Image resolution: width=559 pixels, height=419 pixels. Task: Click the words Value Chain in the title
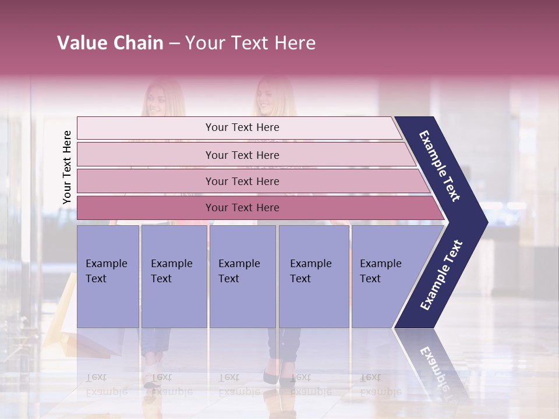[110, 43]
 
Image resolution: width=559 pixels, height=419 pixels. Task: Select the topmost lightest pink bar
[242, 127]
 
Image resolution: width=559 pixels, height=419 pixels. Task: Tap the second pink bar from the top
[242, 155]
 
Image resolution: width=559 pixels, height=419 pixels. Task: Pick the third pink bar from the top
[242, 181]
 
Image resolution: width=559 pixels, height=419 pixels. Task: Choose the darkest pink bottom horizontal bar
[242, 208]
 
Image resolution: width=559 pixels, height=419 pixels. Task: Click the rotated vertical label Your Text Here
[67, 167]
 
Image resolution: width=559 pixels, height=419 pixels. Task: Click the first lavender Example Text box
[108, 276]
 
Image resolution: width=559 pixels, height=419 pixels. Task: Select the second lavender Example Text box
[174, 276]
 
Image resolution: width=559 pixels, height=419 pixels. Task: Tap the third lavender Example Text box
[242, 276]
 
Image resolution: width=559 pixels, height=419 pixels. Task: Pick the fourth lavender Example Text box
[314, 276]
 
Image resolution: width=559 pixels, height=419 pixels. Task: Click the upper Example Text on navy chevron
[440, 166]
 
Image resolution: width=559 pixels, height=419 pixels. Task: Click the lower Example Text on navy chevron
[441, 275]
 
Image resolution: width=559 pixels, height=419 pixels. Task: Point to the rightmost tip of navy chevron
[486, 222]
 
